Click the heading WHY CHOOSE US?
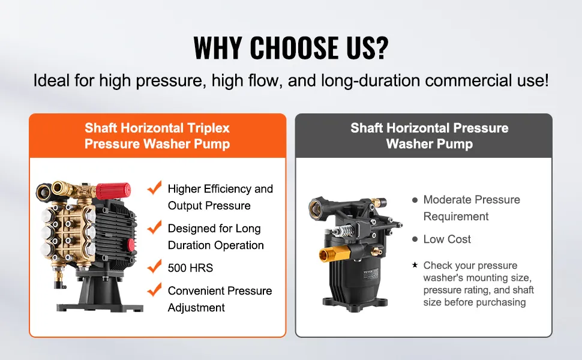[290, 47]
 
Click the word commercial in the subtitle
[466, 80]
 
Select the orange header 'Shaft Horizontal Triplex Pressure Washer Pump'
[157, 136]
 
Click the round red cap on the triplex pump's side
[131, 244]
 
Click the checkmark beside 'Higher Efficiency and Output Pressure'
[154, 188]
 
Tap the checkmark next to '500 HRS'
[154, 266]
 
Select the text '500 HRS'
[190, 268]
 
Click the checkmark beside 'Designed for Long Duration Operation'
[154, 227]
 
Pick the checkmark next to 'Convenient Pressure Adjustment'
[154, 289]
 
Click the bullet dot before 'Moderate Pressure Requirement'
[415, 200]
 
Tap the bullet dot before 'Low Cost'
[415, 239]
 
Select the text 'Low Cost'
[447, 239]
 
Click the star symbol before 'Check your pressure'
[415, 265]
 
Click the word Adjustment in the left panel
[196, 308]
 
